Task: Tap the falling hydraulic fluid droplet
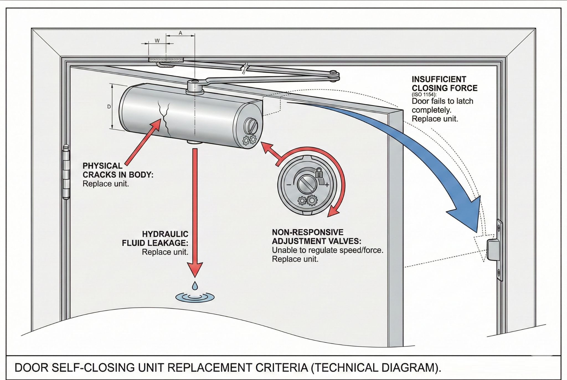[x=195, y=285]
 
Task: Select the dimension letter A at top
[x=180, y=33]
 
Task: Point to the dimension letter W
[x=157, y=41]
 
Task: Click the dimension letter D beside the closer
[x=109, y=107]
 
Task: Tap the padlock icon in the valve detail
[x=319, y=173]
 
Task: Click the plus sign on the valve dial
[x=327, y=185]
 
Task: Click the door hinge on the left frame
[x=66, y=172]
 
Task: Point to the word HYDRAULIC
[x=165, y=234]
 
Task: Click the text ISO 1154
[x=424, y=95]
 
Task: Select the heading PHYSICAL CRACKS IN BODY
[x=118, y=170]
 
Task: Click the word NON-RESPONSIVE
[x=307, y=232]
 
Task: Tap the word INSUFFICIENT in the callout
[x=439, y=79]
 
